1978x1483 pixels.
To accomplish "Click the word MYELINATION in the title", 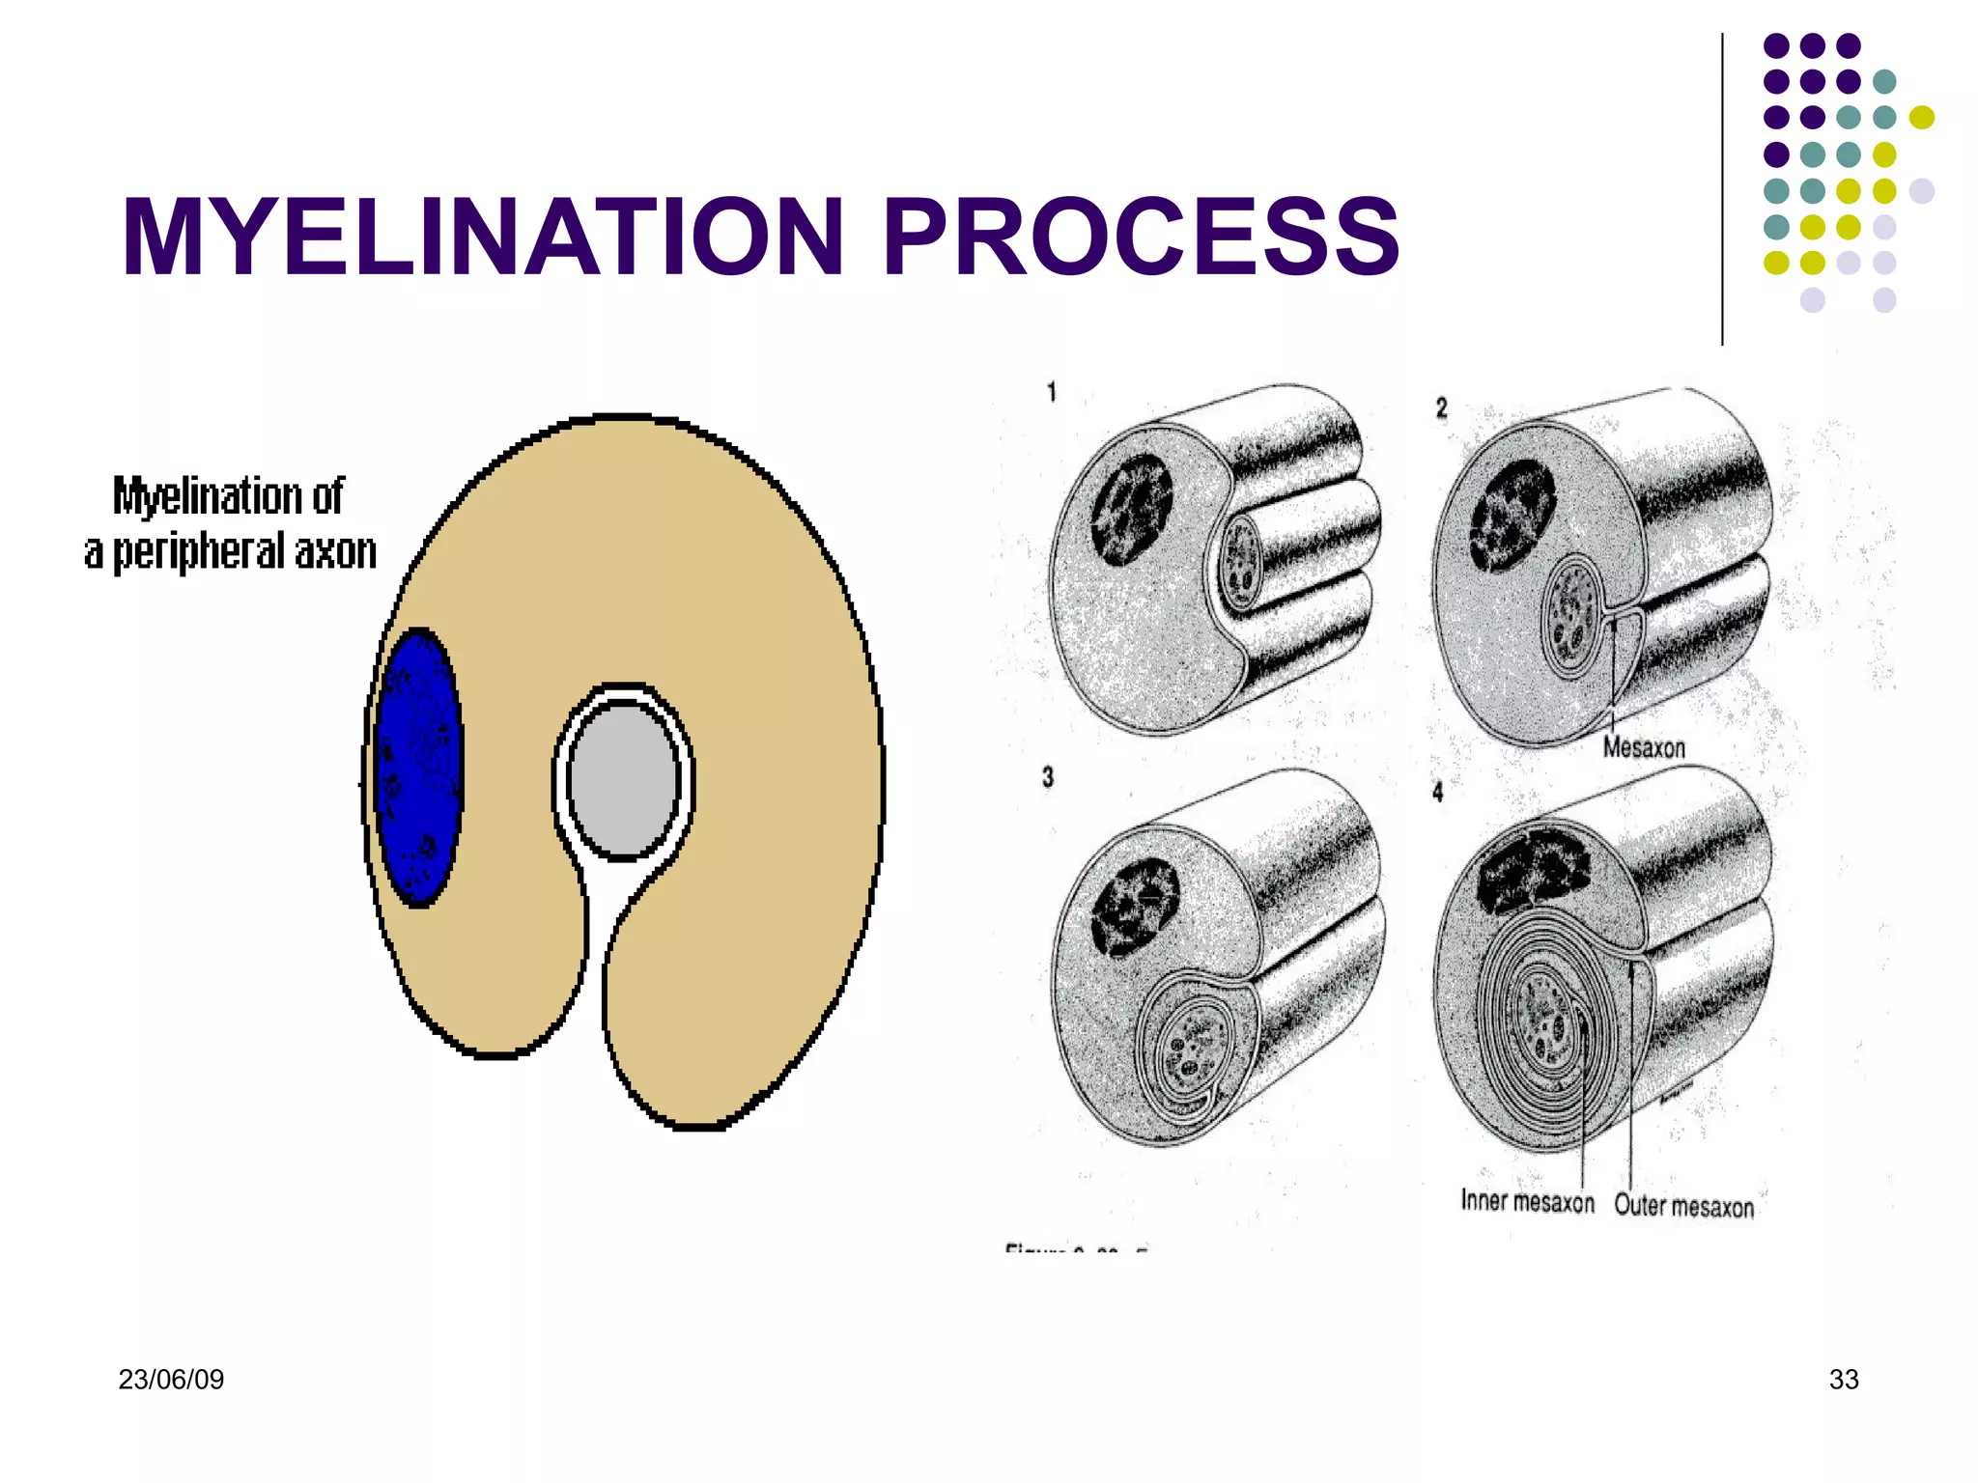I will click(483, 237).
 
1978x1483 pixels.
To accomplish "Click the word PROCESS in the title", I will click(1141, 237).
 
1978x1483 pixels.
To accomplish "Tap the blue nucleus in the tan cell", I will click(418, 768).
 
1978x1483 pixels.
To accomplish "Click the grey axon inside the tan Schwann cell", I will click(624, 780).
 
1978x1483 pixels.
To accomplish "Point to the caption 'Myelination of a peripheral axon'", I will click(230, 524).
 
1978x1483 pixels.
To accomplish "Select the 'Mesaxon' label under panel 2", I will click(1644, 747).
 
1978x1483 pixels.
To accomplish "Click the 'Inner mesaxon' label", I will click(1527, 1202).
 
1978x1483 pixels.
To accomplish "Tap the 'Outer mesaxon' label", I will click(1683, 1206).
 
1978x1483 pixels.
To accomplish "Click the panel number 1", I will click(1052, 392).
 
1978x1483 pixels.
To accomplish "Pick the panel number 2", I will click(1441, 407).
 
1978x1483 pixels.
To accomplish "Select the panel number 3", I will click(1048, 777).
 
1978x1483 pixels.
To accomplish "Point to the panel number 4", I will click(1437, 792).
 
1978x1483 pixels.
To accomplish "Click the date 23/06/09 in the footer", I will click(171, 1380).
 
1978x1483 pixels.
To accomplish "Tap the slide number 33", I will click(1843, 1380).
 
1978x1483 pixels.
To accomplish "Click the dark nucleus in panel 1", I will click(1131, 509).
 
